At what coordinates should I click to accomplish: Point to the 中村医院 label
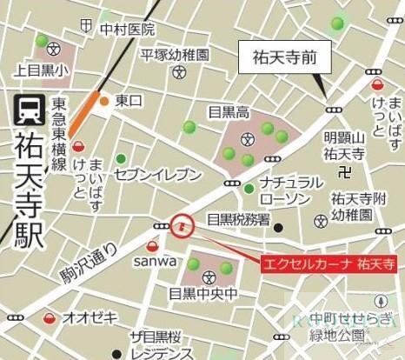point(126,30)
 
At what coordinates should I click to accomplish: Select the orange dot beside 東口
point(104,102)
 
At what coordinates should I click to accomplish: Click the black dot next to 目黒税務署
point(278,228)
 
